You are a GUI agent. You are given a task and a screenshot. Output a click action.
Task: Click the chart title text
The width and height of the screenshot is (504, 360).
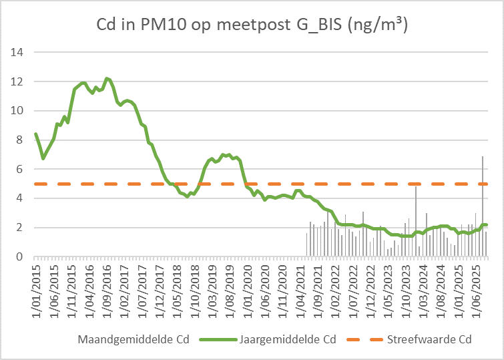coord(252,26)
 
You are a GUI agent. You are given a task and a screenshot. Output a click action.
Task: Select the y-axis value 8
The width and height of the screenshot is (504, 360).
coord(21,140)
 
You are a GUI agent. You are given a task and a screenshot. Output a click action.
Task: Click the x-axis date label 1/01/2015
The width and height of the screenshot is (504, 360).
coord(37,287)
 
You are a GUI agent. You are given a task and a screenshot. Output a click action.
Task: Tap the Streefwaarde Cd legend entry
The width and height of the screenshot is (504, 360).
coord(430,339)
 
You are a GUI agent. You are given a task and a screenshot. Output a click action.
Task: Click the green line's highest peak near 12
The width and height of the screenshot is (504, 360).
coord(107,78)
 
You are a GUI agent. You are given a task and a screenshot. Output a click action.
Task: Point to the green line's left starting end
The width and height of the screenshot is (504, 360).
coord(36,134)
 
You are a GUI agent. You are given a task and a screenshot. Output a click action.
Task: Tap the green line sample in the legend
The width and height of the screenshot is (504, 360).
coord(217,339)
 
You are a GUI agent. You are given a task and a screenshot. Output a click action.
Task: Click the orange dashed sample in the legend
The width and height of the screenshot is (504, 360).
coord(362,339)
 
